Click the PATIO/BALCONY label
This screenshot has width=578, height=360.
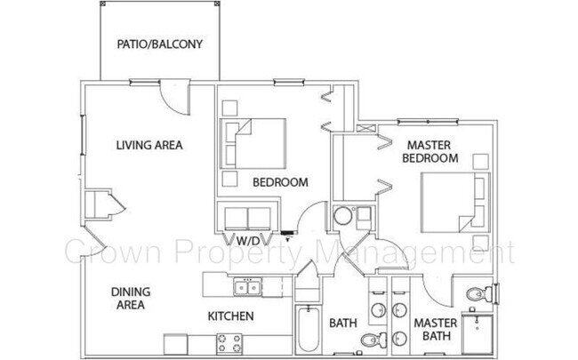[x=160, y=44]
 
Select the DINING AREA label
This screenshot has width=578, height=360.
[x=130, y=298]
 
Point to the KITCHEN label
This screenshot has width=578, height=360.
[x=231, y=316]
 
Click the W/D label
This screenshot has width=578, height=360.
[x=248, y=241]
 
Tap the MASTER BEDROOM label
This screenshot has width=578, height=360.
[x=431, y=151]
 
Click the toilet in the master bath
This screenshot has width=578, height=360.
[x=474, y=292]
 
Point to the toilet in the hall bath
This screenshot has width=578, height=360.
[x=373, y=339]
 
